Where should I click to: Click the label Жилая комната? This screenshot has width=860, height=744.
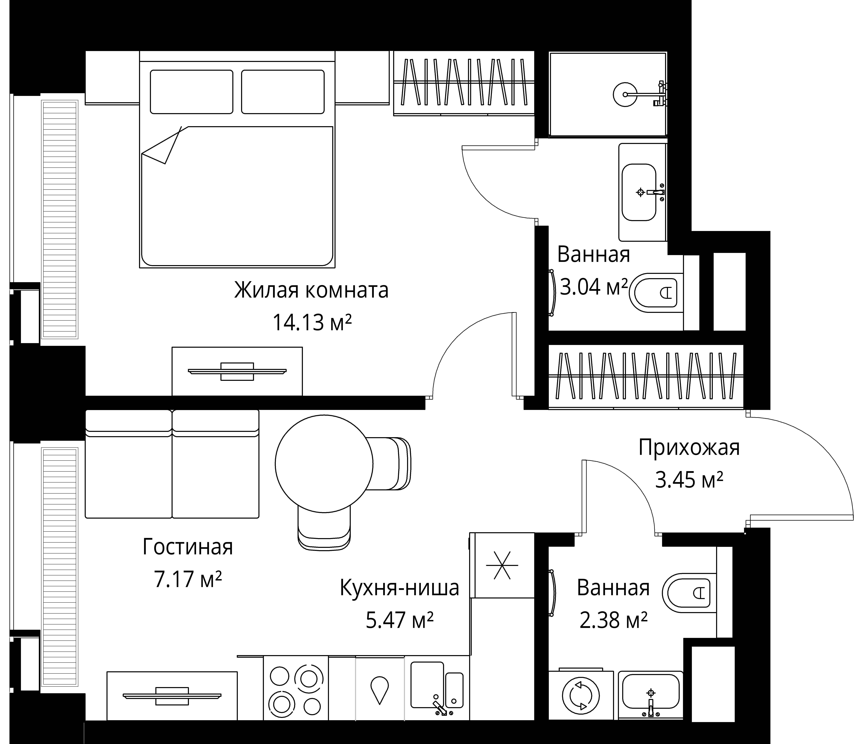click(311, 290)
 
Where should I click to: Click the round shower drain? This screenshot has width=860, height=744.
click(625, 94)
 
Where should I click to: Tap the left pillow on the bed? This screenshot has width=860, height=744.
click(191, 92)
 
